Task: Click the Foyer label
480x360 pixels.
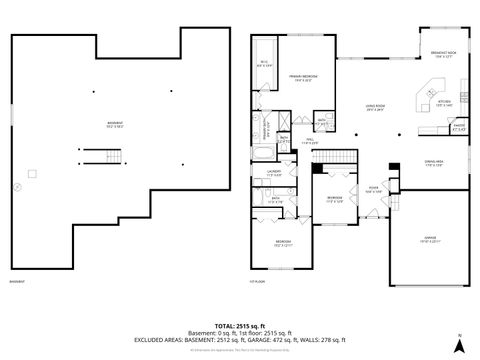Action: (x=373, y=186)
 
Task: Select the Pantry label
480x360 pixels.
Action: (x=433, y=128)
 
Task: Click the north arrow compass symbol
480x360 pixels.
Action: (x=459, y=346)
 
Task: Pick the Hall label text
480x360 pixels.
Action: (x=311, y=142)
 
